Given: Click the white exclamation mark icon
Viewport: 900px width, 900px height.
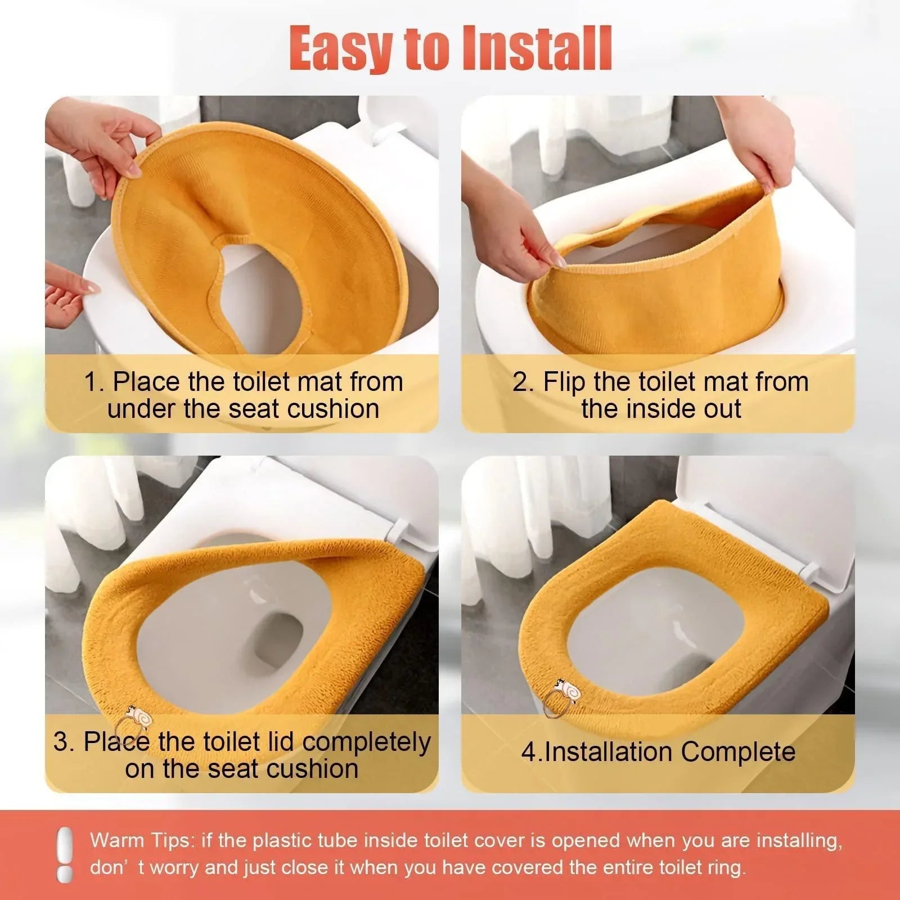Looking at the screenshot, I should [65, 854].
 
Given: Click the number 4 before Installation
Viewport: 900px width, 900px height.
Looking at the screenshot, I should [528, 752].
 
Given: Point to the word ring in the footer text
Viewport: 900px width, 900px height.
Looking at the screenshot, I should [727, 867].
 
